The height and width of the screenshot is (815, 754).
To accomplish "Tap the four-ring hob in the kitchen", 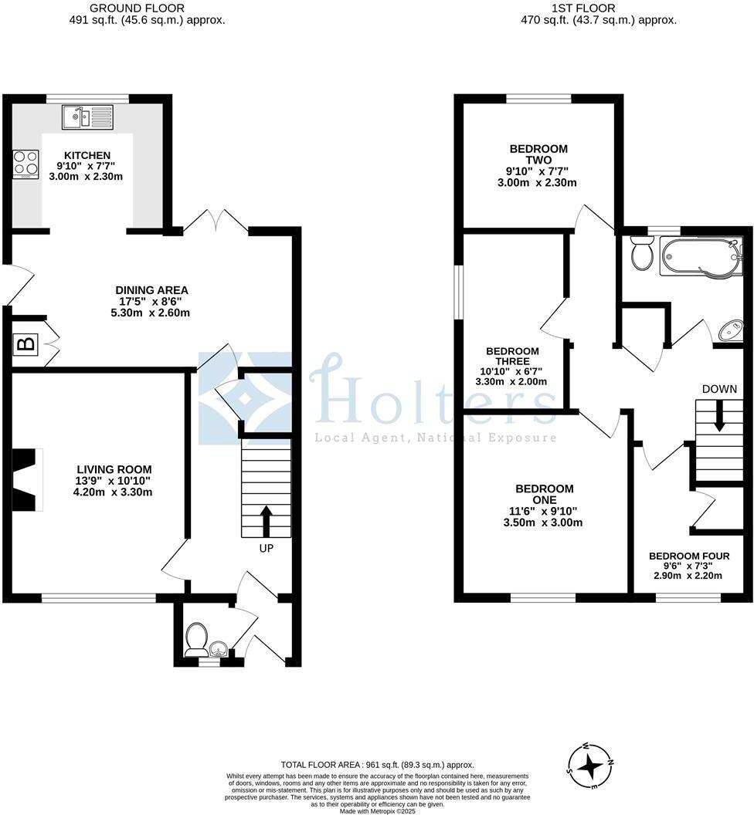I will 25,164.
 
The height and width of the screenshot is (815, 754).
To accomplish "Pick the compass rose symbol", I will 591,766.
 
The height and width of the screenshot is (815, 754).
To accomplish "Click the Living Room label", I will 114,468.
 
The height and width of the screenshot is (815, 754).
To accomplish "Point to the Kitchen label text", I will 87,155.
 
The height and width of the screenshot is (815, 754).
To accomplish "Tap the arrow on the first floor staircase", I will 719,421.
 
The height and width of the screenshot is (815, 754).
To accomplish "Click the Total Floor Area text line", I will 376,765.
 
